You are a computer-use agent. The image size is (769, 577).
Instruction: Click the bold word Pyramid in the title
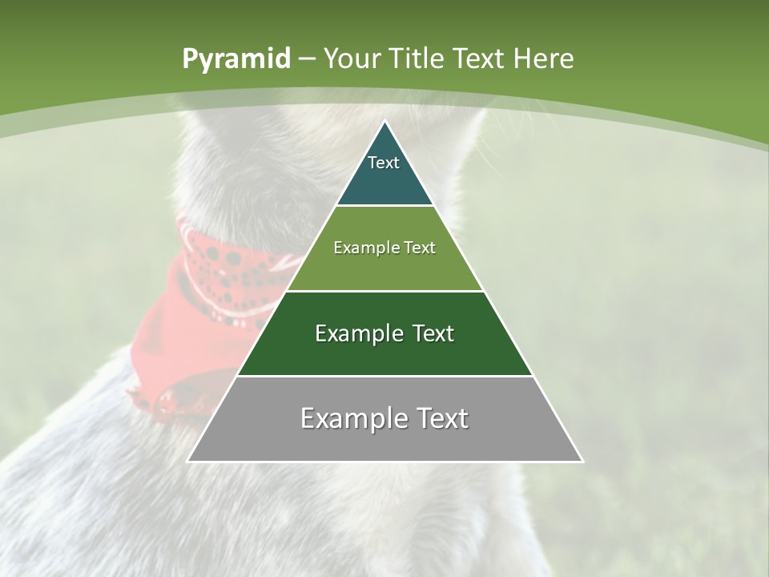pyautogui.click(x=236, y=59)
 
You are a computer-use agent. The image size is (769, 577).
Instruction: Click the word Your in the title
pyautogui.click(x=351, y=59)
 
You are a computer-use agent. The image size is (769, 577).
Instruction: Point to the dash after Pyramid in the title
pyautogui.click(x=307, y=59)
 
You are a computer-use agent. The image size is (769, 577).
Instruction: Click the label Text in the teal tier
pyautogui.click(x=384, y=163)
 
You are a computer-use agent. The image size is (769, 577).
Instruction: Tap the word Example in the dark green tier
pyautogui.click(x=352, y=333)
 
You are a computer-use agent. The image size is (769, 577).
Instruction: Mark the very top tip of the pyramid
pyautogui.click(x=384, y=122)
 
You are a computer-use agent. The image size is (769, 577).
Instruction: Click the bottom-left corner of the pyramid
pyautogui.click(x=188, y=461)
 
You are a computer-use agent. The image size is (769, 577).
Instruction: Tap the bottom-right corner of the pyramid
pyautogui.click(x=582, y=461)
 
